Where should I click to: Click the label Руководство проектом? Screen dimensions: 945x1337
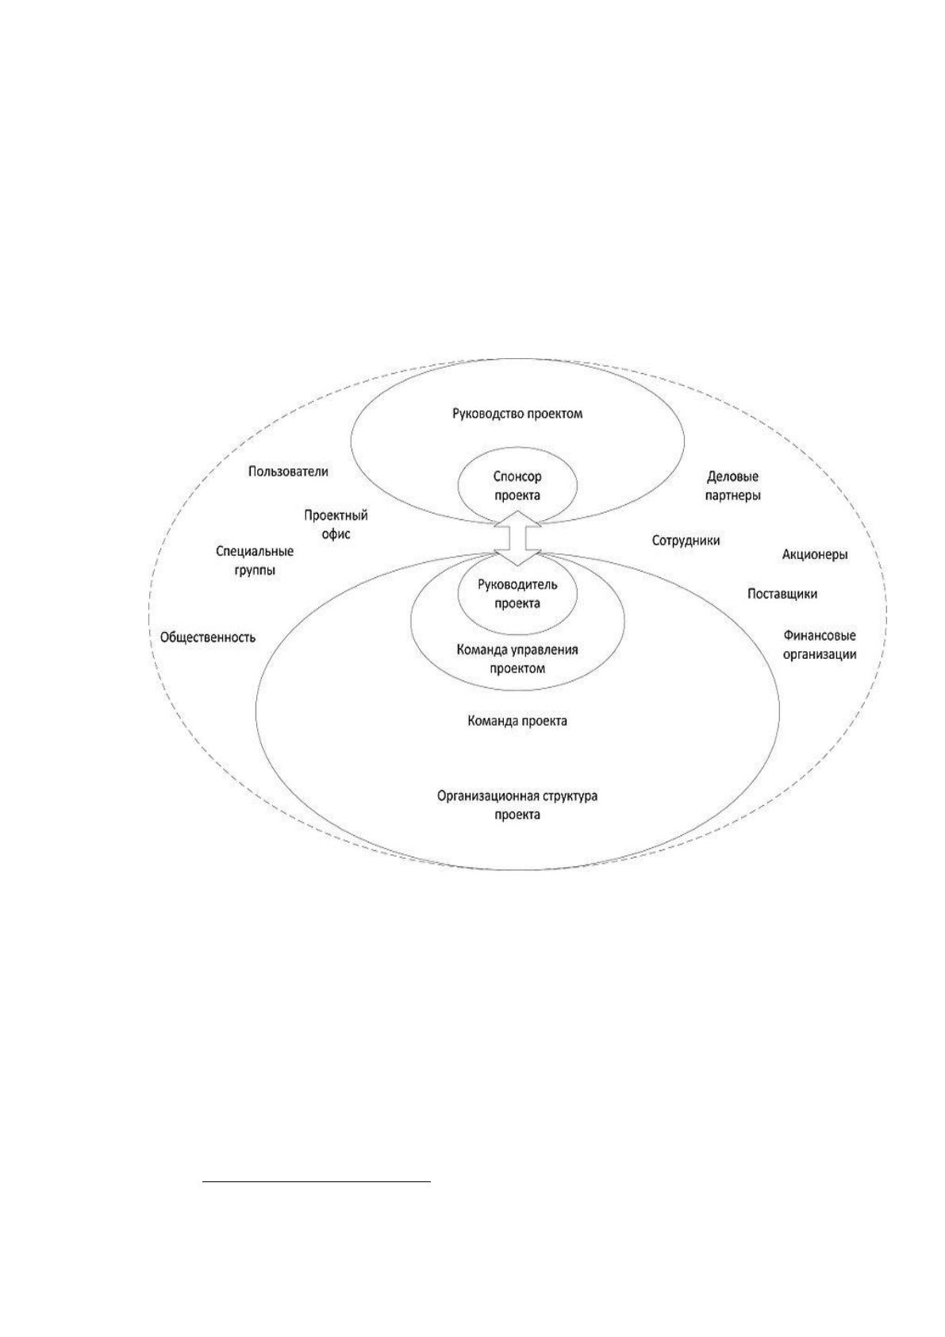pyautogui.click(x=517, y=413)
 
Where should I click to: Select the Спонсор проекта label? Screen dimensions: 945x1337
pyautogui.click(x=517, y=485)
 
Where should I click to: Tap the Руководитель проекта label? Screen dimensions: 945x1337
pyautogui.click(x=517, y=593)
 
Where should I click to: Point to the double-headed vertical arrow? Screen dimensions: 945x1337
pyautogui.click(x=517, y=537)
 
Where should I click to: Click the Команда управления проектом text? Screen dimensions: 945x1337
pyautogui.click(x=517, y=658)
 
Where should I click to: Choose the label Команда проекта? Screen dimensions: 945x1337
pyautogui.click(x=517, y=720)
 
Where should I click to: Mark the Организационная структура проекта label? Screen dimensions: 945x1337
pyautogui.click(x=517, y=804)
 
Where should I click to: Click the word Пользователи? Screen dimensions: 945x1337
pyautogui.click(x=288, y=471)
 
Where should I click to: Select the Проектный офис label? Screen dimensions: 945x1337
pyautogui.click(x=336, y=524)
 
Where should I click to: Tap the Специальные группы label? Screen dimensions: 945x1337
pyautogui.click(x=255, y=561)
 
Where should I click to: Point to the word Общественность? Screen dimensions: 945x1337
pyautogui.click(x=208, y=637)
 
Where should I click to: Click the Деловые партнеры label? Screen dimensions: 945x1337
pyautogui.click(x=732, y=485)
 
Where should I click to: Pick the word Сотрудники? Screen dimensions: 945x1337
pyautogui.click(x=686, y=540)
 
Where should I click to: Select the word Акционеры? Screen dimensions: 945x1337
pyautogui.click(x=815, y=554)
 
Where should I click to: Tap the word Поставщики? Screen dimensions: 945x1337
pyautogui.click(x=782, y=594)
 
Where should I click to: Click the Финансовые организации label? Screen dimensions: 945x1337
pyautogui.click(x=820, y=645)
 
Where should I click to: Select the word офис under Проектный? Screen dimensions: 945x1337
pyautogui.click(x=336, y=534)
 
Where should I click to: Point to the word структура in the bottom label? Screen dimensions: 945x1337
pyautogui.click(x=569, y=796)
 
